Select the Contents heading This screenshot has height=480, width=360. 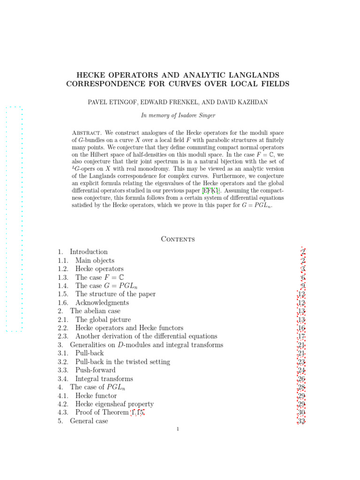(178, 239)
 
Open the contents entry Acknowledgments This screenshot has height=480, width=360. (102, 303)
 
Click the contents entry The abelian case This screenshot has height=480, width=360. (95, 311)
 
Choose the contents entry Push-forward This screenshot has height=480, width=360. (95, 370)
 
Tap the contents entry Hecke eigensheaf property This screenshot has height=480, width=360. (114, 404)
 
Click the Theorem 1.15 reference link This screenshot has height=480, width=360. (137, 412)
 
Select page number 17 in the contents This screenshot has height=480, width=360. (301, 337)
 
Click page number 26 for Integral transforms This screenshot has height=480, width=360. (301, 379)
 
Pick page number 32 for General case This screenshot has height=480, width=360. (301, 421)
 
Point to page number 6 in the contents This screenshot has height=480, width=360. (303, 277)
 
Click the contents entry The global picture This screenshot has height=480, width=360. (103, 320)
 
